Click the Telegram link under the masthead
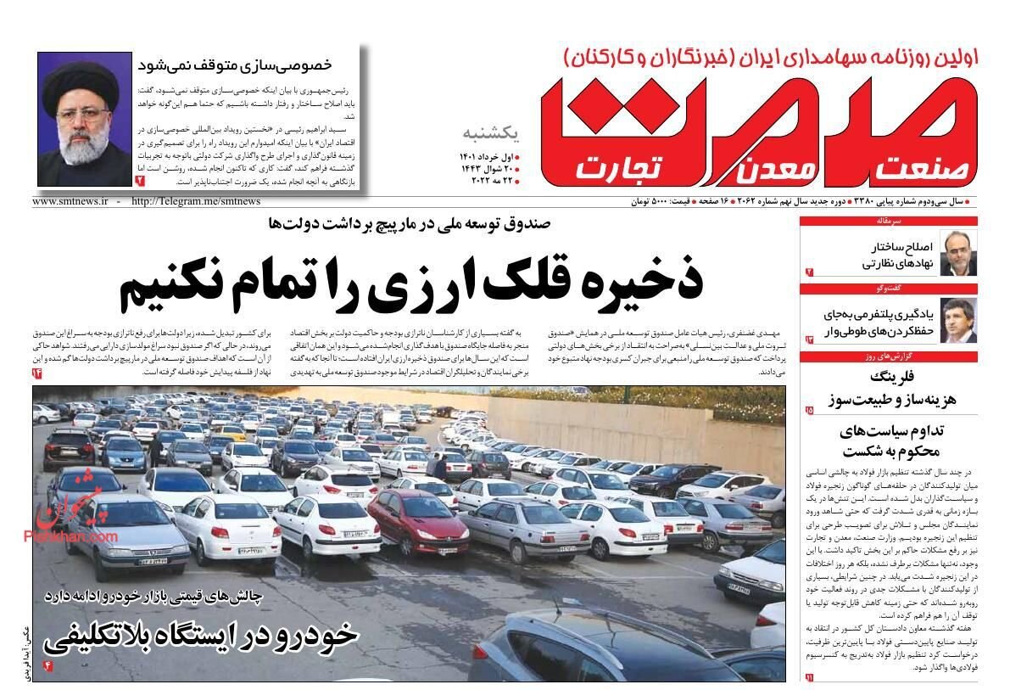coord(196,202)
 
